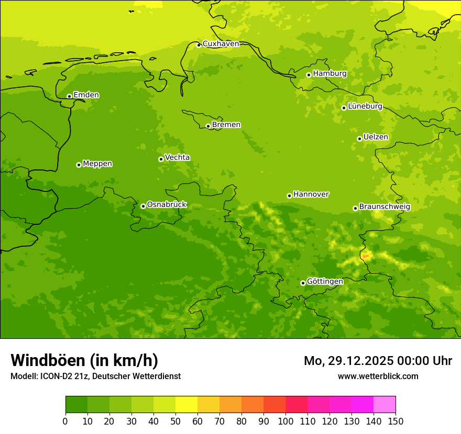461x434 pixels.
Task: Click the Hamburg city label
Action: point(330,74)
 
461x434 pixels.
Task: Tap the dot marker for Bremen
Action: point(208,126)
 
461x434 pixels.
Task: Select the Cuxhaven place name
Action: point(221,44)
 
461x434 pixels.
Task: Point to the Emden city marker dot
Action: point(69,96)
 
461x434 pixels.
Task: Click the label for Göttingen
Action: point(325,281)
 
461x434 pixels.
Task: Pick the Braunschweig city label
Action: point(385,207)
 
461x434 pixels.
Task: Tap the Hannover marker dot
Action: point(289,196)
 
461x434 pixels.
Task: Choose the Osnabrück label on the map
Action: point(167,204)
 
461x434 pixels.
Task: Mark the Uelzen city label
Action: point(376,137)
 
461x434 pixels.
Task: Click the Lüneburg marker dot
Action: point(344,108)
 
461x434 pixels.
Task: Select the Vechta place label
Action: point(177,157)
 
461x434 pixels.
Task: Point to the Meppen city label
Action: point(97,164)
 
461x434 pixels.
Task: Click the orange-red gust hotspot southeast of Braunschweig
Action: point(366,256)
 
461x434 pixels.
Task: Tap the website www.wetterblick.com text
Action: point(378,376)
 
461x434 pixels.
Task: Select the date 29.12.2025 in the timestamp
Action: point(361,361)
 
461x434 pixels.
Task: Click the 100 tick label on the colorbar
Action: point(286,421)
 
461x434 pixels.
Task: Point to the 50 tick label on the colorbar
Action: point(175,421)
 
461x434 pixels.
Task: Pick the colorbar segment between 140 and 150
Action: point(385,405)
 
